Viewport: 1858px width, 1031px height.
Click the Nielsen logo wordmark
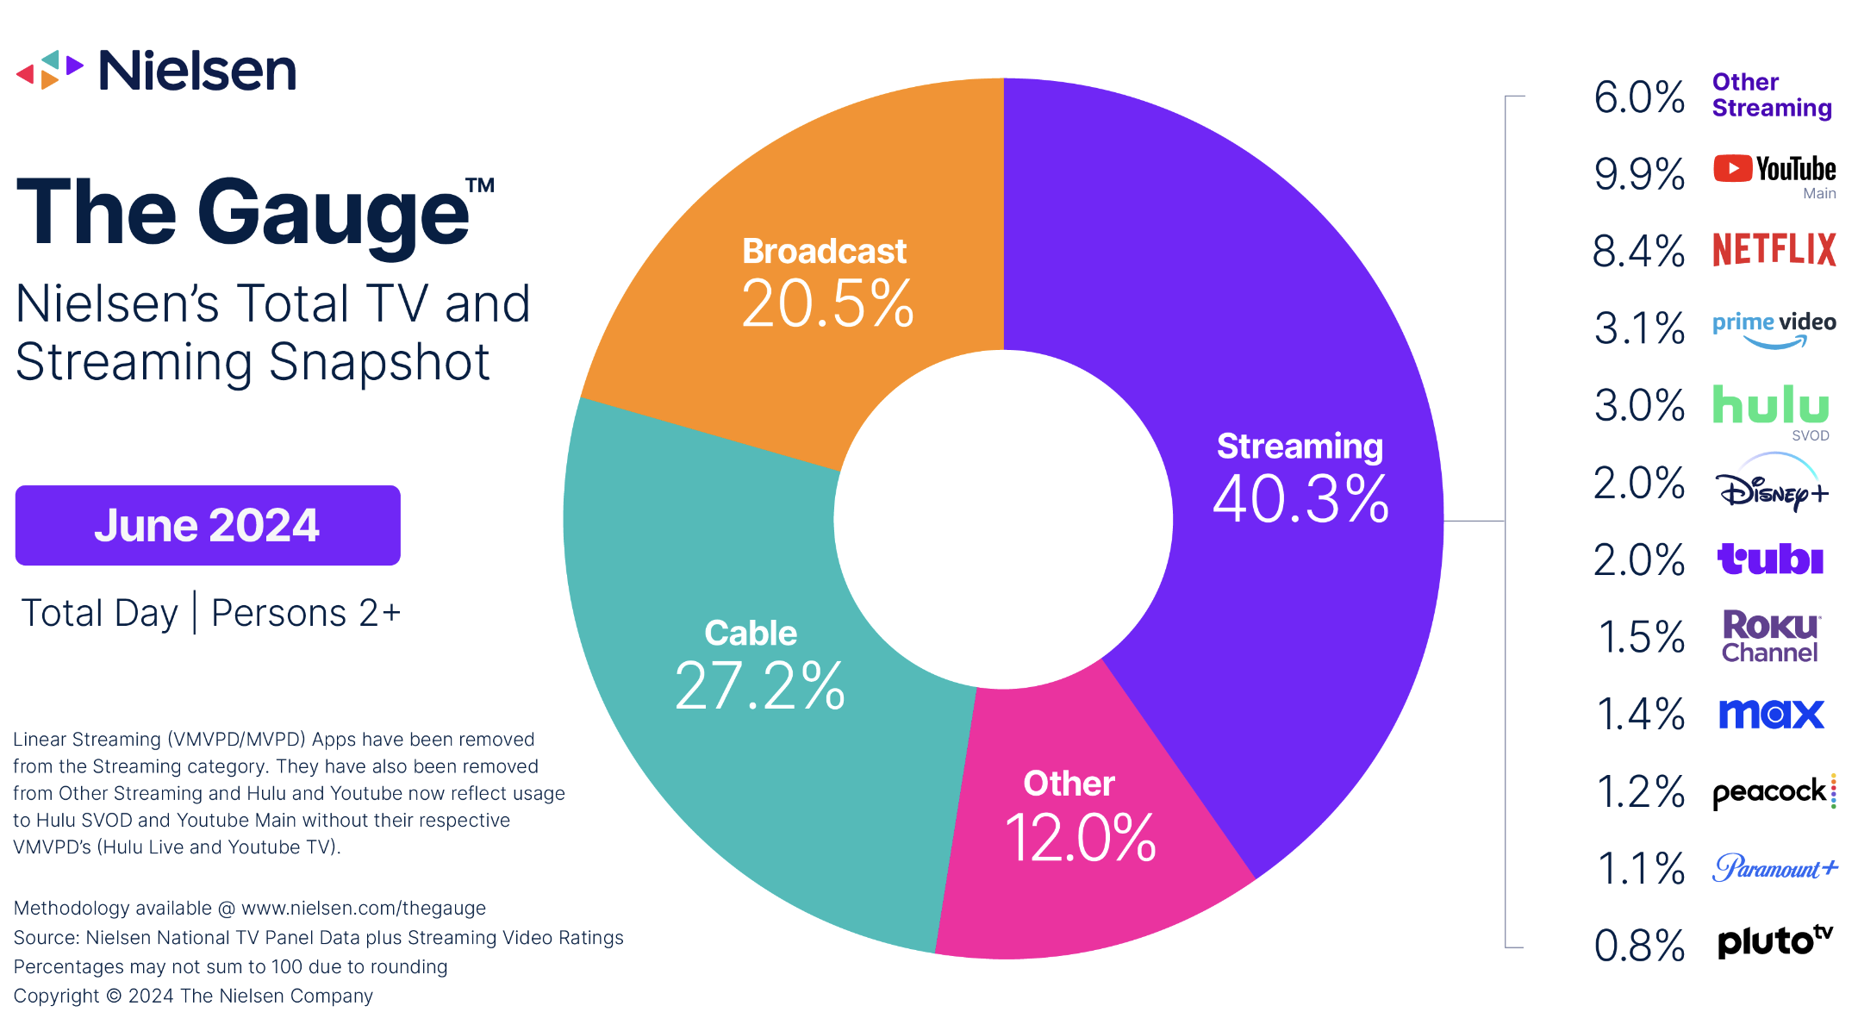tap(197, 71)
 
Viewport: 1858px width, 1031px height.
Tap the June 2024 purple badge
tap(208, 525)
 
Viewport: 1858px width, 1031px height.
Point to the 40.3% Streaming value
tap(1300, 498)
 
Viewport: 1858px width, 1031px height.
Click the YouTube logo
tap(1774, 169)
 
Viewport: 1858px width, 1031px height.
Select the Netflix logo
tap(1774, 249)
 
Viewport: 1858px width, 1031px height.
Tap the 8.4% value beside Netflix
tap(1638, 252)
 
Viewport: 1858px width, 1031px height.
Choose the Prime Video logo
tap(1774, 328)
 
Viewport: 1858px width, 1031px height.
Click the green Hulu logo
tap(1770, 404)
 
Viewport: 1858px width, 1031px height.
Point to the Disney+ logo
tap(1770, 487)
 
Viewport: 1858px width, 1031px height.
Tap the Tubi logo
tap(1770, 559)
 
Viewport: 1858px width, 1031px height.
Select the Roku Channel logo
tap(1770, 636)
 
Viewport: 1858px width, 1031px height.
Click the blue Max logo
tap(1771, 714)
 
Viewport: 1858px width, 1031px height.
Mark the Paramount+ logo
tap(1774, 867)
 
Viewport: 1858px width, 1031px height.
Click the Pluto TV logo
tap(1774, 941)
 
